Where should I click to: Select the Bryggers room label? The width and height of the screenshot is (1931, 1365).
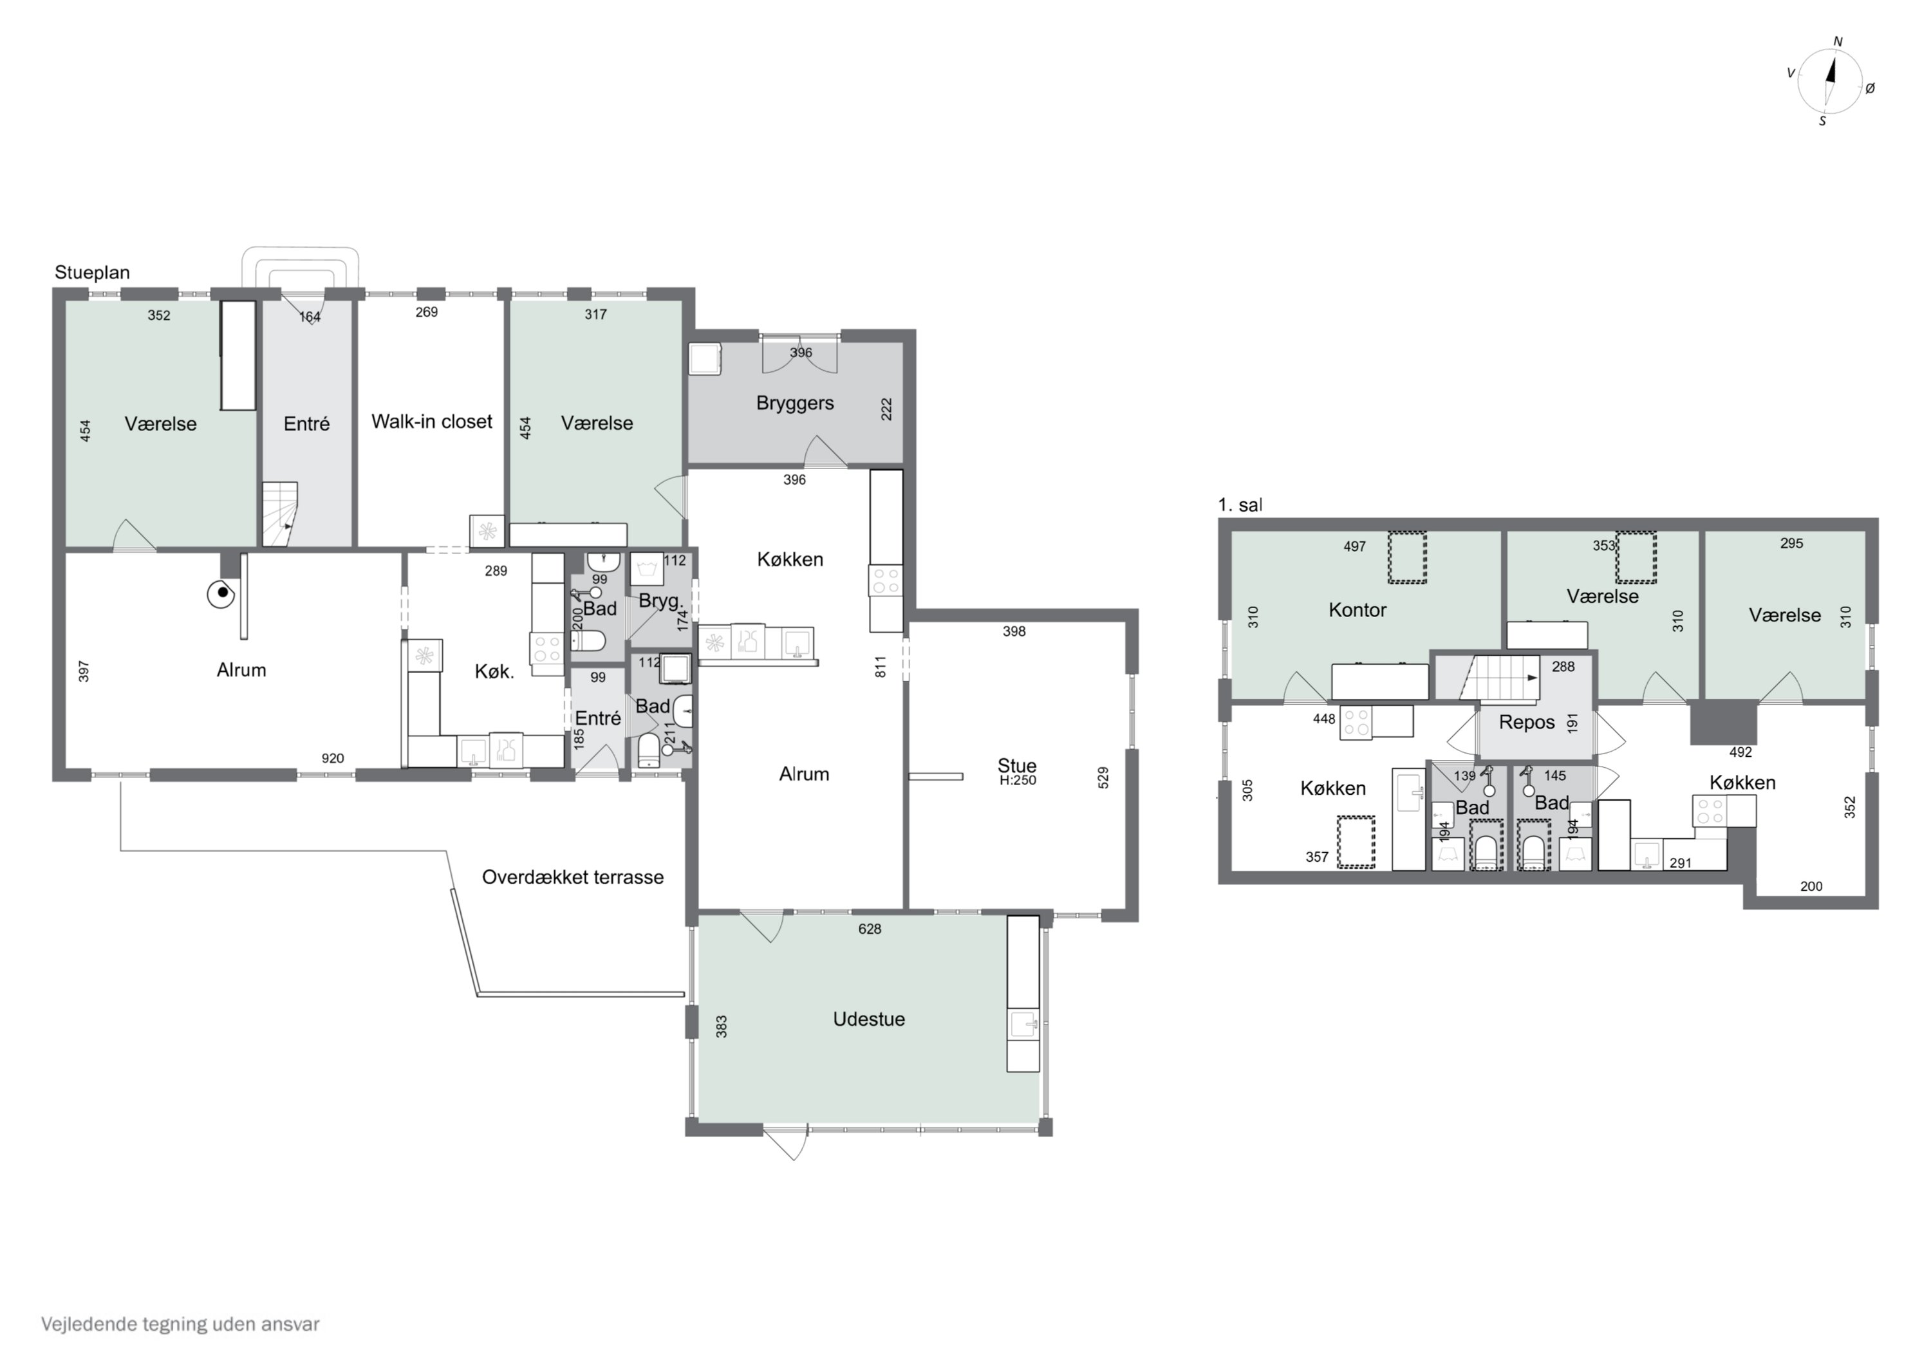coord(795,403)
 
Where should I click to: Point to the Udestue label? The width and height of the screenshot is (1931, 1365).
coord(869,1019)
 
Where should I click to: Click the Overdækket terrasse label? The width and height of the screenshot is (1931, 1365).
coord(573,877)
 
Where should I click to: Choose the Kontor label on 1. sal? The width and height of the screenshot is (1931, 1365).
coord(1357,609)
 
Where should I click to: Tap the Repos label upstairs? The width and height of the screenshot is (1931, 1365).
coord(1527,723)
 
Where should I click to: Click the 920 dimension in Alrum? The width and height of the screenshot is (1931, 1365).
coord(332,759)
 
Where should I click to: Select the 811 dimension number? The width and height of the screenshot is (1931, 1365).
coord(881,667)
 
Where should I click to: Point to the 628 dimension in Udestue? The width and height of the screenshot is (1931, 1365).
coord(870,929)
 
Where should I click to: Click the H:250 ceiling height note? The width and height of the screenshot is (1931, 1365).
coord(1018,781)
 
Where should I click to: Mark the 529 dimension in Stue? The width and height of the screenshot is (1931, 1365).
coord(1103,777)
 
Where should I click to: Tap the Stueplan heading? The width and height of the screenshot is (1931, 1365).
coord(93,272)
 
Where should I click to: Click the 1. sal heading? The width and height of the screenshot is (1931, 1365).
coord(1240,505)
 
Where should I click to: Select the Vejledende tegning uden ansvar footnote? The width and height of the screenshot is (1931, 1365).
coord(180,1324)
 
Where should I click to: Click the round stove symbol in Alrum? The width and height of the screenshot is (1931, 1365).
coord(221,595)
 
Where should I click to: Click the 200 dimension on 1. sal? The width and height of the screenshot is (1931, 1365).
coord(1811,886)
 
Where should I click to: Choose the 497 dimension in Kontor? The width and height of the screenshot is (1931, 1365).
coord(1354,546)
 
